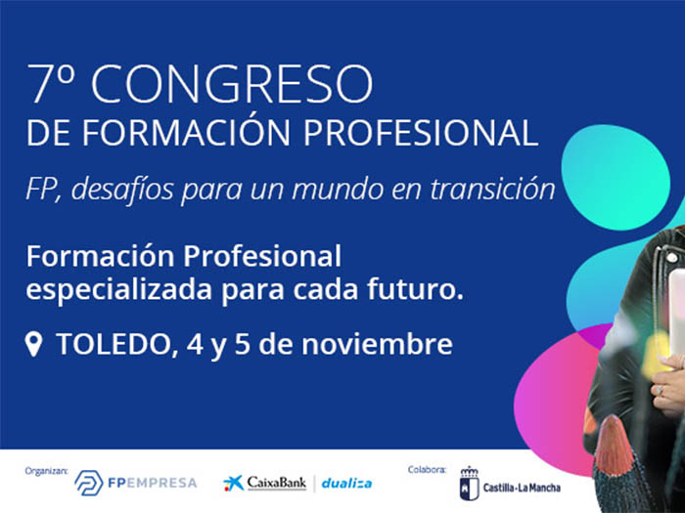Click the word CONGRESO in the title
(232, 84)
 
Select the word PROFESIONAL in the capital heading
(421, 132)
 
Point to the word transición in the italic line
(492, 189)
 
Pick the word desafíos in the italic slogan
(122, 189)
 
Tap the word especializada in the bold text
(118, 291)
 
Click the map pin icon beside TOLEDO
(33, 344)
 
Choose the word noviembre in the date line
(377, 344)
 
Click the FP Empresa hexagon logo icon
(88, 483)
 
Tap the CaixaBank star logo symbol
(233, 484)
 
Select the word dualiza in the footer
(346, 484)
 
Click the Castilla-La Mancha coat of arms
(469, 484)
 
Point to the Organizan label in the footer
(46, 471)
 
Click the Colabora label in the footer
(427, 470)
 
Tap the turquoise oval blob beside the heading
(616, 177)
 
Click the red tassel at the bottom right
(615, 445)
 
